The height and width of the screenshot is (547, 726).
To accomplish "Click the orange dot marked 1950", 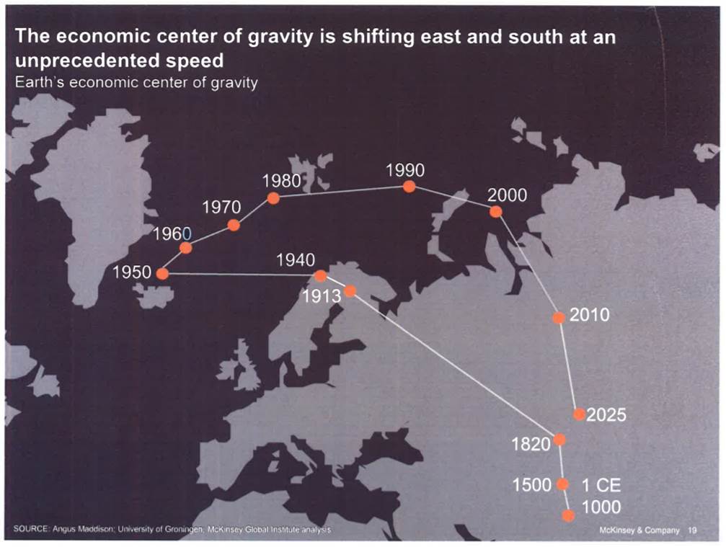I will tap(162, 273).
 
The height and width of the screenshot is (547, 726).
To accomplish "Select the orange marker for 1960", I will tap(186, 248).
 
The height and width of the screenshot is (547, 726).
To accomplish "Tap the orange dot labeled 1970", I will tap(234, 225).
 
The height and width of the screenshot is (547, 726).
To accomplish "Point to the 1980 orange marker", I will tap(273, 197).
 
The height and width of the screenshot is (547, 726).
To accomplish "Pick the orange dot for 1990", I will tap(409, 187).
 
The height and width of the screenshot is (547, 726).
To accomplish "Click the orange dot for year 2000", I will tap(495, 211).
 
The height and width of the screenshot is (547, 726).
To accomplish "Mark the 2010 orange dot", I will tap(559, 318).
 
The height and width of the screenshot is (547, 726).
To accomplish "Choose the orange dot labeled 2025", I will tap(579, 414).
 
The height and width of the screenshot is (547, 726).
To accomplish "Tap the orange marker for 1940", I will tap(320, 275).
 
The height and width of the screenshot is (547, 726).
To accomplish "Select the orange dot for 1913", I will tap(350, 290).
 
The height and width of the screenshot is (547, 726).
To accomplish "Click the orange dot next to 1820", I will tap(559, 439).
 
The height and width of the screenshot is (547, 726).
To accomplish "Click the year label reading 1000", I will tap(601, 507).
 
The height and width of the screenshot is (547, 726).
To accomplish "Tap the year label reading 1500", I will tap(532, 484).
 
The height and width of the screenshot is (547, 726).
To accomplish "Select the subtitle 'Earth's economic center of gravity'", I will tap(136, 81).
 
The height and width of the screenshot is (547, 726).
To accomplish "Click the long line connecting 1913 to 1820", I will tap(454, 365).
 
